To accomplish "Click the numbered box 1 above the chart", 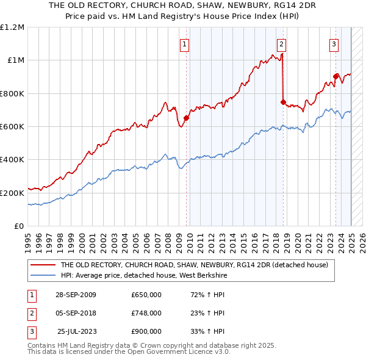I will coord(184,43).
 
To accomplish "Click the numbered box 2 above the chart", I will coord(282,43).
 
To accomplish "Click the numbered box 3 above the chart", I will coord(334,43).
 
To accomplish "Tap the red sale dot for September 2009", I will coord(186,118).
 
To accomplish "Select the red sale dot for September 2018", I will coord(283,102).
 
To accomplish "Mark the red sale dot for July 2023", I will coord(335,76).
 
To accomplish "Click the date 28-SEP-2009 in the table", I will coord(76,295).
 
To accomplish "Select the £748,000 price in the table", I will coord(146,313).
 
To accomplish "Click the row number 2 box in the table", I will coord(30,313).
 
